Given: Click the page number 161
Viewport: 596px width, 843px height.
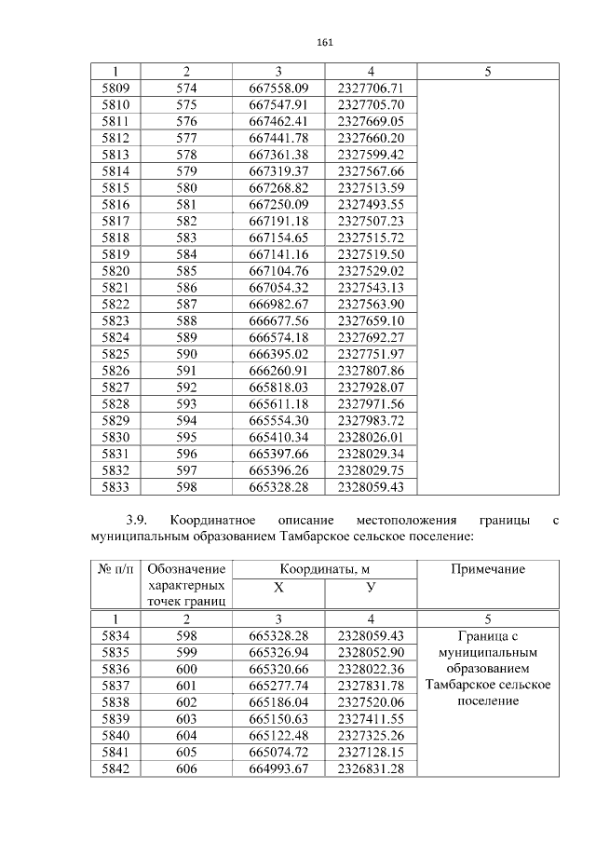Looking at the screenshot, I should [325, 42].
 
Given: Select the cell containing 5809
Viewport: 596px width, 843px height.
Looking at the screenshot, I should [115, 88].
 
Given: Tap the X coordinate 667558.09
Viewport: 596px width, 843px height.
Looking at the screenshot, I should [278, 88].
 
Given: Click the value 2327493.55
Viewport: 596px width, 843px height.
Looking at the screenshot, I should [371, 204].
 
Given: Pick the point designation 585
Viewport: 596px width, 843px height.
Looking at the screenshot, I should [187, 270].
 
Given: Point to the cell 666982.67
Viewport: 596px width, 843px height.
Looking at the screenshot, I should [278, 304].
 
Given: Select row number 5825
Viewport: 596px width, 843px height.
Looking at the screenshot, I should [115, 353].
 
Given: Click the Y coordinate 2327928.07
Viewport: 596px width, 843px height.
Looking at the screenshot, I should [371, 387].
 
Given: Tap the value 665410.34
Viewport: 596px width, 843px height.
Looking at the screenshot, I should [278, 436].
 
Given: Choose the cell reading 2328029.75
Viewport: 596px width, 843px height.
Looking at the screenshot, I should [371, 469].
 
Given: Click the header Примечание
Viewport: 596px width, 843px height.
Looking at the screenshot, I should [488, 569].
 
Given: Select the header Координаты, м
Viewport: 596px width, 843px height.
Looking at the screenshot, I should [324, 569].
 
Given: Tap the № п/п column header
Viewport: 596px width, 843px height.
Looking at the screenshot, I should [115, 569].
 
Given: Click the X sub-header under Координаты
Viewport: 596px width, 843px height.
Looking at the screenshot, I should [278, 587].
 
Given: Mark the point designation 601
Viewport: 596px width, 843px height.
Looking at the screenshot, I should [187, 685].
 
